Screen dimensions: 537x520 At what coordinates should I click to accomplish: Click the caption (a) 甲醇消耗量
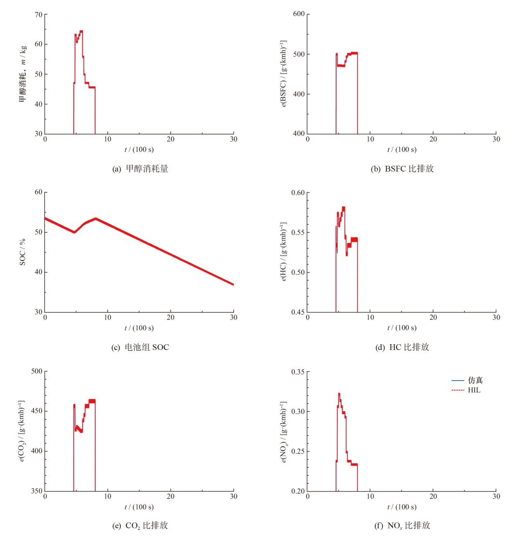pyautogui.click(x=140, y=169)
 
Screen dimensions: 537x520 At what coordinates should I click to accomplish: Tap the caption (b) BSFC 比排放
pyautogui.click(x=402, y=169)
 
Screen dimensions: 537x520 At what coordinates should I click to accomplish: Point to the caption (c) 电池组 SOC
pyautogui.click(x=140, y=347)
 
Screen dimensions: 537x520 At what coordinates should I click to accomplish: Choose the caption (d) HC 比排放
pyautogui.click(x=402, y=347)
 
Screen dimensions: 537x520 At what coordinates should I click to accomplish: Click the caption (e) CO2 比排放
pyautogui.click(x=140, y=526)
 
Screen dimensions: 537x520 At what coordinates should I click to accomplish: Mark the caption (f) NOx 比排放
pyautogui.click(x=402, y=526)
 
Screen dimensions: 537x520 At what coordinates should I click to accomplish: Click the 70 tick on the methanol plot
pyautogui.click(x=39, y=15)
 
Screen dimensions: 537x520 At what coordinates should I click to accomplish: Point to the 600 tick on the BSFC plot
pyautogui.click(x=299, y=14)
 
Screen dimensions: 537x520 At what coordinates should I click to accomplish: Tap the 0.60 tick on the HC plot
pyautogui.click(x=298, y=193)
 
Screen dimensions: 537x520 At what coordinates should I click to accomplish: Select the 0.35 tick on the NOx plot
pyautogui.click(x=298, y=372)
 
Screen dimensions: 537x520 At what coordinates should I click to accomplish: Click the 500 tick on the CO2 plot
pyautogui.click(x=37, y=371)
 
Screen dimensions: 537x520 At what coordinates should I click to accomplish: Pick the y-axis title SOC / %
pyautogui.click(x=23, y=252)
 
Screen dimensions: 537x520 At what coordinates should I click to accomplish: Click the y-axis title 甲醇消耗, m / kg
pyautogui.click(x=23, y=74)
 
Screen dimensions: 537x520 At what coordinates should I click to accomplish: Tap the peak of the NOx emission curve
pyautogui.click(x=339, y=394)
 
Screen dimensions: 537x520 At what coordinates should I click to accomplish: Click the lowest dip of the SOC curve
pyautogui.click(x=74, y=232)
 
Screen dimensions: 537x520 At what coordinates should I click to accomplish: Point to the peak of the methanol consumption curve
pyautogui.click(x=81, y=31)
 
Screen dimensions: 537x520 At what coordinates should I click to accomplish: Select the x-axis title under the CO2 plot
pyautogui.click(x=139, y=507)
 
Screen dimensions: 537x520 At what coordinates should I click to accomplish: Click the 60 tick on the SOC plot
pyautogui.click(x=39, y=192)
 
